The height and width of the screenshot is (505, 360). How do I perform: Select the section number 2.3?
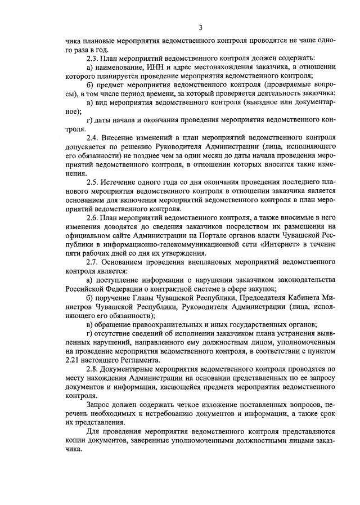point(93,58)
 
